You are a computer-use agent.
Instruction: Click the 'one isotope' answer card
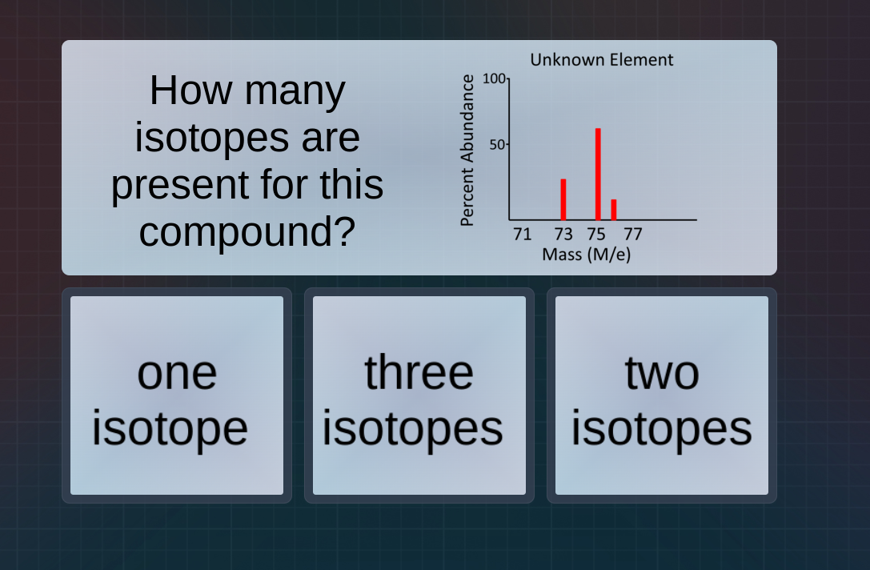(177, 395)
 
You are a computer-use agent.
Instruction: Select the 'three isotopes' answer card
(419, 395)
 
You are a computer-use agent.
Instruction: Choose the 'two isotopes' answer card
(661, 395)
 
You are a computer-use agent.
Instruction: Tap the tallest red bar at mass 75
(598, 174)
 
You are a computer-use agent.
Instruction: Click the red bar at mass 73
(563, 199)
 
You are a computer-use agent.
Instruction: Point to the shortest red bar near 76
(614, 209)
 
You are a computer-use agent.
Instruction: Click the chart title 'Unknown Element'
(601, 60)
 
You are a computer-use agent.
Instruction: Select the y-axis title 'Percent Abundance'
(468, 151)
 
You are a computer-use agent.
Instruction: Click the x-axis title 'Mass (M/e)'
(586, 255)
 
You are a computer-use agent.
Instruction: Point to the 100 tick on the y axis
(493, 78)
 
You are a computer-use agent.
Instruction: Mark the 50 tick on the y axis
(497, 145)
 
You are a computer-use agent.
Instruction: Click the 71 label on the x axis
(522, 235)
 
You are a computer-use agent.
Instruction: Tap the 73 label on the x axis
(563, 235)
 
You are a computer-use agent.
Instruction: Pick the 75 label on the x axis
(596, 235)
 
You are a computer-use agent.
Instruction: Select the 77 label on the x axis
(632, 235)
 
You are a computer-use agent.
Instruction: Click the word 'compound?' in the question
(247, 231)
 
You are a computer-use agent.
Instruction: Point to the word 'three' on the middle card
(419, 372)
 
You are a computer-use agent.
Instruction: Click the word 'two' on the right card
(662, 372)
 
